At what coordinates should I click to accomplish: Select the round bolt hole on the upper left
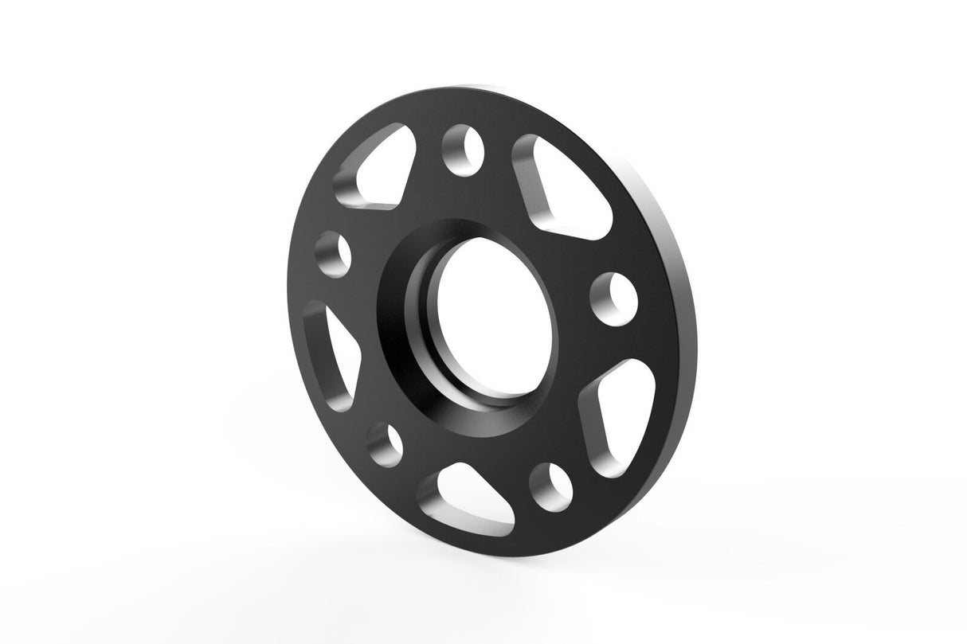[x=334, y=253]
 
